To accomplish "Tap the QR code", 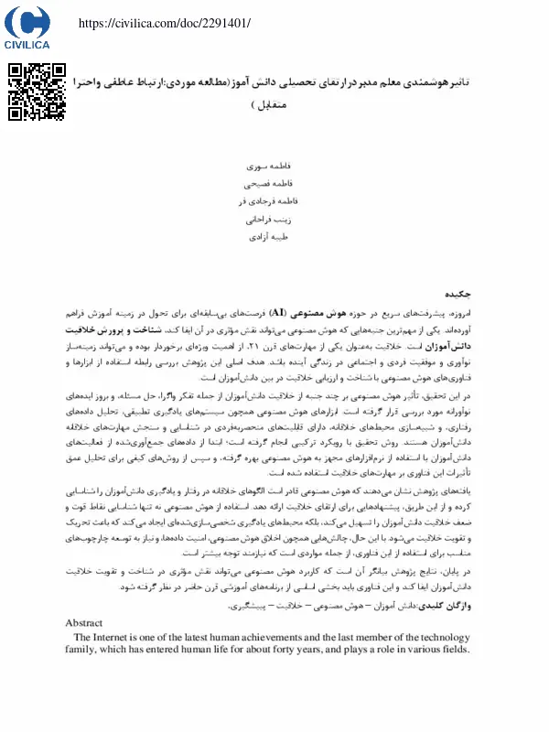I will click(x=38, y=92).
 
